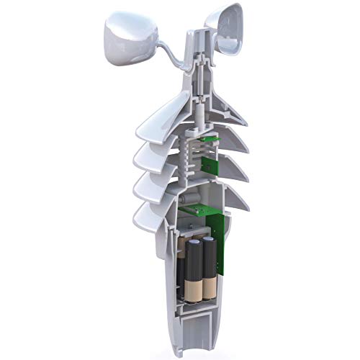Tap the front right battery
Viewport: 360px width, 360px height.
pos(208,266)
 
